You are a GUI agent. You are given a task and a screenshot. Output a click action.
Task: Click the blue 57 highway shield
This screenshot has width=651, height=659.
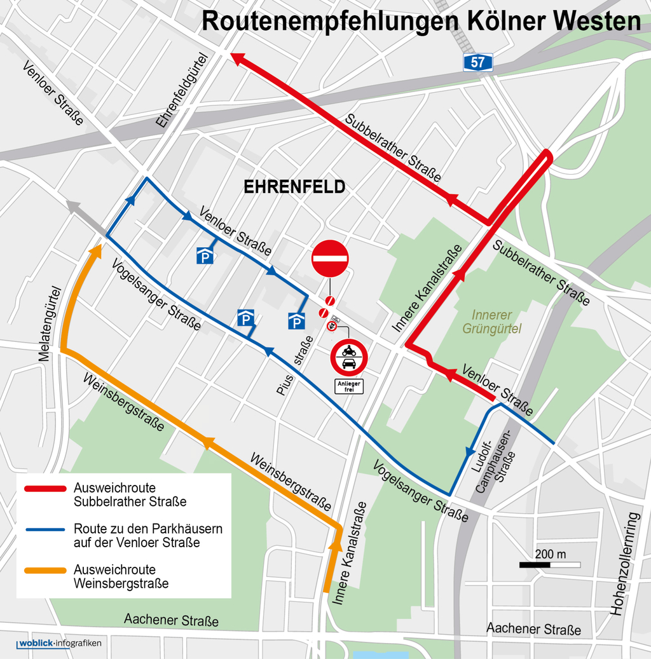pos(477,62)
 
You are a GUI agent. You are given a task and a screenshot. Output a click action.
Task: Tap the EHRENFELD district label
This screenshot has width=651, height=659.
pos(294,187)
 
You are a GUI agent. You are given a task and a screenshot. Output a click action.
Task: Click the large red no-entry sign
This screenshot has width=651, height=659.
pos(330,259)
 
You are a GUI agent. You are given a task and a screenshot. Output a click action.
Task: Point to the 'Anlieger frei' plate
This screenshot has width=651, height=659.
pos(349,386)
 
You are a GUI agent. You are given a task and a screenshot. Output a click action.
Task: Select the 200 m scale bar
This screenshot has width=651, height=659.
pos(550,564)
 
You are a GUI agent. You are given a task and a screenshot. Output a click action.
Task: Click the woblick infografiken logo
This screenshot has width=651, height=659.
pos(59,644)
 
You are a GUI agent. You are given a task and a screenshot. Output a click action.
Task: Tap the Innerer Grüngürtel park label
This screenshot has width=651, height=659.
pos(492,322)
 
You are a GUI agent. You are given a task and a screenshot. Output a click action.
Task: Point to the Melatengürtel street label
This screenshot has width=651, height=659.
pos(48,324)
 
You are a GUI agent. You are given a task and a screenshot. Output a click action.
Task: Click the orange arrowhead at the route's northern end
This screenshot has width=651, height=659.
pos(95,250)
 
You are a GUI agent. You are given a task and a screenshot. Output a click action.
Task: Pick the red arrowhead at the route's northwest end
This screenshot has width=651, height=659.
pos(236,58)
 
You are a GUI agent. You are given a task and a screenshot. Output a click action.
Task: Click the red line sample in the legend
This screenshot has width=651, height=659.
pos(45,489)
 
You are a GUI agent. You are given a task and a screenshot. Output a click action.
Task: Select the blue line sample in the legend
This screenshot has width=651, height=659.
pos(45,529)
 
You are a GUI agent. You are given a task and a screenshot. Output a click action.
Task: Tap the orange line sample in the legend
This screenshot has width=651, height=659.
pos(45,570)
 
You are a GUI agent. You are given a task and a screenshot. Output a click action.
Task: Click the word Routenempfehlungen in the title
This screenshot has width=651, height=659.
pos(330,20)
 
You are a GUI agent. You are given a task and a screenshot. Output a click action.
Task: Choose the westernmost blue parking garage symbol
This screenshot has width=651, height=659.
pos(205,256)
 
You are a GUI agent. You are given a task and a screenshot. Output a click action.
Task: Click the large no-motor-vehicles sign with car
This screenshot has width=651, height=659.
pos(348,357)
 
